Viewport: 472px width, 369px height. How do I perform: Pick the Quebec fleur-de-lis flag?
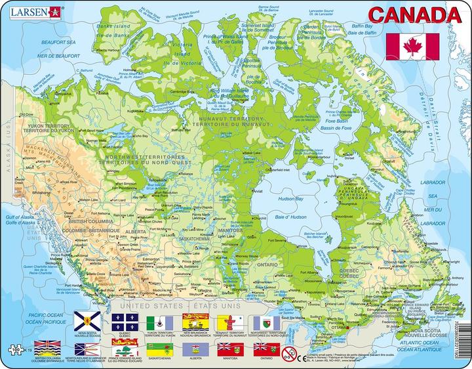click(123, 320)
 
